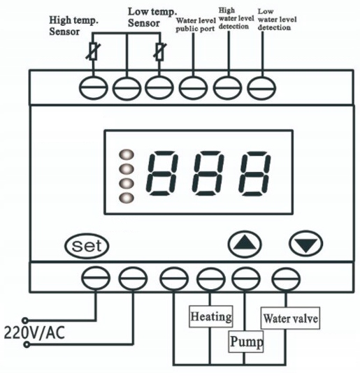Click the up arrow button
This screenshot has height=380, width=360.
pyautogui.click(x=245, y=244)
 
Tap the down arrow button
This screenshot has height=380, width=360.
pyautogui.click(x=305, y=244)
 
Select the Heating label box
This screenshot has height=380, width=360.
pyautogui.click(x=211, y=316)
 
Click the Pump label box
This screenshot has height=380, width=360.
pyautogui.click(x=246, y=342)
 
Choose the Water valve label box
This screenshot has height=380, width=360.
pyautogui.click(x=290, y=319)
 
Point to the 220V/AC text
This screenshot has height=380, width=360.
pyautogui.click(x=34, y=332)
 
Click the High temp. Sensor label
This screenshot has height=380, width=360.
pyautogui.click(x=73, y=26)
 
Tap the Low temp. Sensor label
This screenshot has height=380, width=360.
pyautogui.click(x=152, y=17)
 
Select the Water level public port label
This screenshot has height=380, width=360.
pyautogui.click(x=196, y=24)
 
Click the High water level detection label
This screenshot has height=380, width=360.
pyautogui.click(x=236, y=18)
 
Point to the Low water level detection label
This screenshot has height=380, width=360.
pyautogui.click(x=277, y=20)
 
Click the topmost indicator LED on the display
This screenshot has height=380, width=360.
pyautogui.click(x=127, y=154)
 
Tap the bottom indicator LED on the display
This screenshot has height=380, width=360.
pyautogui.click(x=127, y=198)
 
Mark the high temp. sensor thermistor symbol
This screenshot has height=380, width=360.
pyautogui.click(x=93, y=51)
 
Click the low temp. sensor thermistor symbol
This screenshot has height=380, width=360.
pyautogui.click(x=159, y=52)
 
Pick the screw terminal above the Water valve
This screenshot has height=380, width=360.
pyautogui.click(x=286, y=279)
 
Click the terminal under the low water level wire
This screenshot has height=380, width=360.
pyautogui.click(x=261, y=88)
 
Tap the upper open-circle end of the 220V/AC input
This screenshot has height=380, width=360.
pyautogui.click(x=25, y=321)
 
